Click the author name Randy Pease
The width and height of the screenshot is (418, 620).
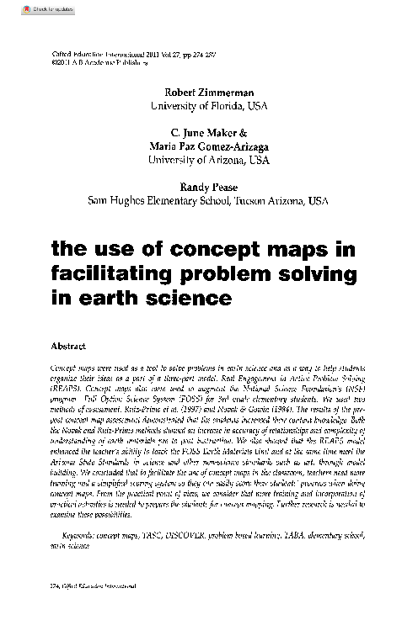pos(208,187)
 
